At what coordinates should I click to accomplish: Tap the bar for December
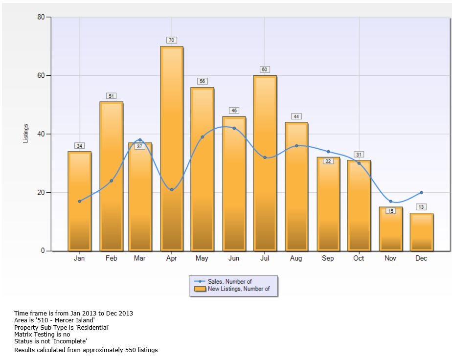click(x=421, y=232)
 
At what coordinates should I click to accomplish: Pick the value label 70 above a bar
click(x=171, y=40)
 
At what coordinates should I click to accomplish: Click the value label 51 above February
click(x=111, y=96)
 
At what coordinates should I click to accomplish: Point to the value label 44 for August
click(x=296, y=116)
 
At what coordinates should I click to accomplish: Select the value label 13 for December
click(x=421, y=207)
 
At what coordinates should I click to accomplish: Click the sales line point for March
click(x=140, y=140)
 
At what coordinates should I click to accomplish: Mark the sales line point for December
click(x=421, y=193)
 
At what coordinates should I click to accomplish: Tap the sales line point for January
click(x=79, y=201)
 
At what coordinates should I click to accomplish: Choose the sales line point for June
click(x=234, y=128)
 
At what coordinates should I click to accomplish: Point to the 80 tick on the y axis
click(x=41, y=17)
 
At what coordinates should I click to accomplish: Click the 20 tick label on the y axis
click(x=41, y=192)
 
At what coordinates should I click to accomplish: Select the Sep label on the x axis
click(x=327, y=259)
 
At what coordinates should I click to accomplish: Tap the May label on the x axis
click(x=202, y=259)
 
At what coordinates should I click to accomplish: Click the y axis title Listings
click(x=26, y=134)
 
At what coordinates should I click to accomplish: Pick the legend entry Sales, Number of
click(x=230, y=282)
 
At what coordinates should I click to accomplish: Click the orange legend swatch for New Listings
click(x=200, y=289)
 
